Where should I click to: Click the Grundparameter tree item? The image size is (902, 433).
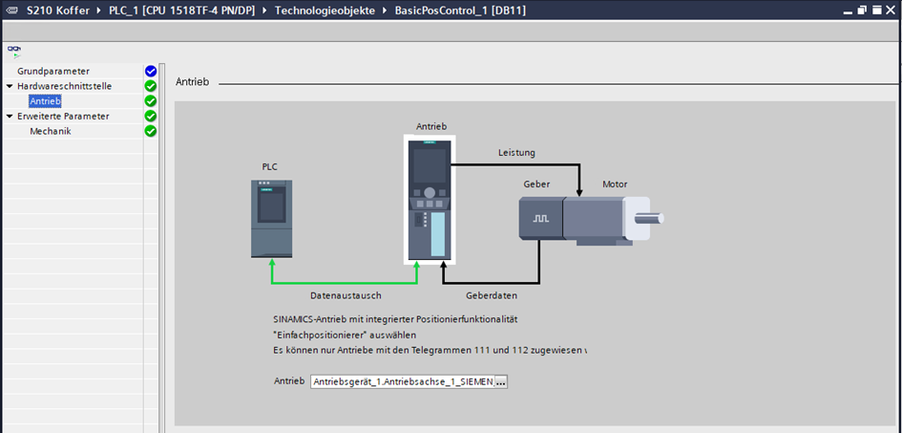pos(53,71)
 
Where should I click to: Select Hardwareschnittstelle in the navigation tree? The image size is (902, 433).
pos(64,86)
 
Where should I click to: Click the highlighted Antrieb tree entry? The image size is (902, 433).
pos(46,101)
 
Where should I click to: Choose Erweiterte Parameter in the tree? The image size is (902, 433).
pos(63,117)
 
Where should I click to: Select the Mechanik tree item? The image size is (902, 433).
pos(51,132)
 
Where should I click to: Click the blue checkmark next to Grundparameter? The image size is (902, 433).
pos(150,71)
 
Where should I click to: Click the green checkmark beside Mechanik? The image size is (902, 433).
pos(150,132)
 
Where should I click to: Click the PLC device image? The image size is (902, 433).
pos(271,218)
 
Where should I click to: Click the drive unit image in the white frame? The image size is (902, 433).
pos(430,199)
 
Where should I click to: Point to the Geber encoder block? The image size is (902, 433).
pos(540,219)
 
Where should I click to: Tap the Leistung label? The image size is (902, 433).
pos(516,153)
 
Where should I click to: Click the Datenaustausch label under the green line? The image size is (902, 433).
pos(346,296)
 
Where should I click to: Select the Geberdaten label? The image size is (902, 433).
pos(492,296)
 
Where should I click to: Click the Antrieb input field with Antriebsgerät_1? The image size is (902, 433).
pos(402,381)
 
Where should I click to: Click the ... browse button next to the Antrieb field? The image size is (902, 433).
pos(501,381)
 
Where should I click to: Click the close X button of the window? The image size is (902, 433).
pos(890,10)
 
